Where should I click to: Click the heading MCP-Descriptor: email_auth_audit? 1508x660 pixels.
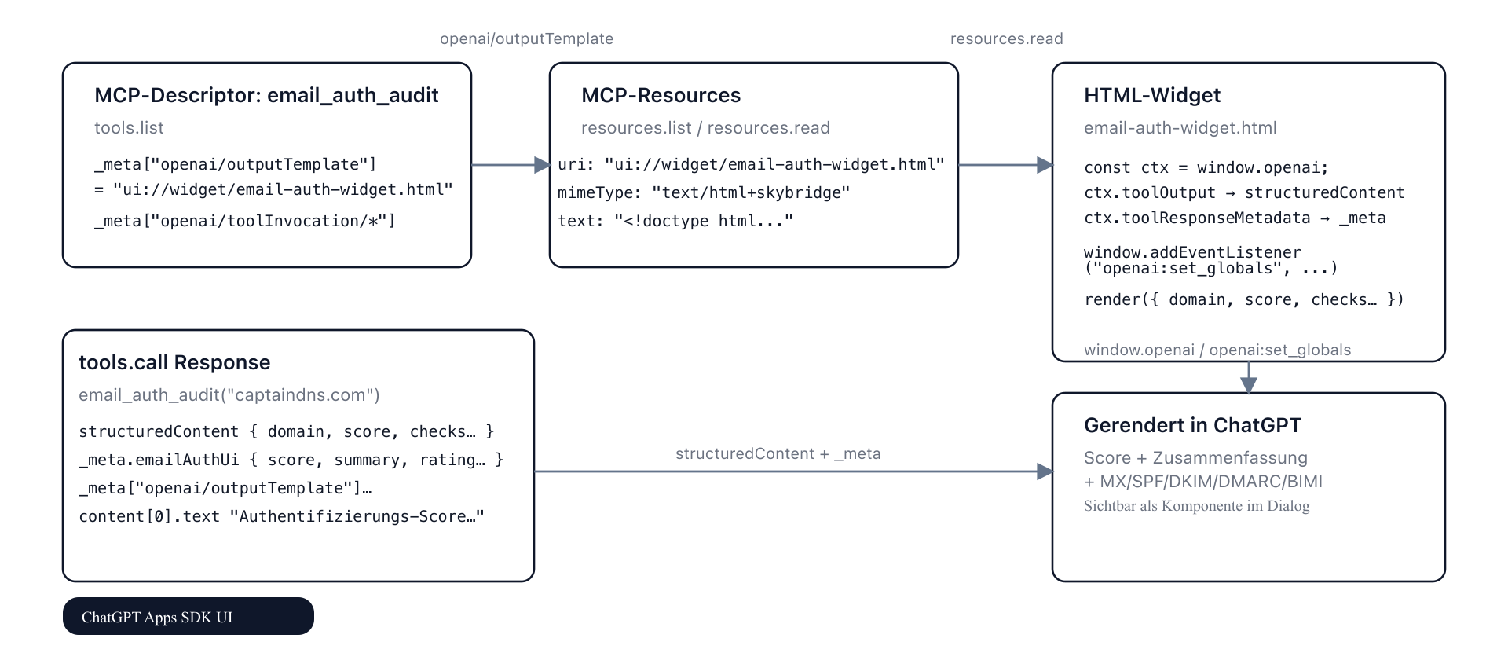(x=266, y=95)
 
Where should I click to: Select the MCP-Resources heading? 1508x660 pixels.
(x=661, y=95)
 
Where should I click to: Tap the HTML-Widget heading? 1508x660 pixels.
(x=1151, y=95)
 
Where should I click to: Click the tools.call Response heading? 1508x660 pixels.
(x=174, y=362)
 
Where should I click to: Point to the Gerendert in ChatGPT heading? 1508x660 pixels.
(x=1192, y=425)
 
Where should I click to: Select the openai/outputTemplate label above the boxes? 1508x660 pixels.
(x=526, y=38)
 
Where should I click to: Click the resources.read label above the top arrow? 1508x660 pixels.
(x=1006, y=38)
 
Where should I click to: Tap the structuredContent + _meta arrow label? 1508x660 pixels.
(x=778, y=453)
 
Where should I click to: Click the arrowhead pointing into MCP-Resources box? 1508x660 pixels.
(x=542, y=165)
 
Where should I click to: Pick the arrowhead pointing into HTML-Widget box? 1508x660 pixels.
(x=1045, y=165)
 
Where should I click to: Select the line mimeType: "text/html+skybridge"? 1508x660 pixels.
(x=704, y=192)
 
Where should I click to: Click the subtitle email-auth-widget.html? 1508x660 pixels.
(x=1180, y=127)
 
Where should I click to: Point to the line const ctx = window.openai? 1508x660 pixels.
(x=1206, y=167)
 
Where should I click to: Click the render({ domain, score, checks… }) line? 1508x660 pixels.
(x=1243, y=299)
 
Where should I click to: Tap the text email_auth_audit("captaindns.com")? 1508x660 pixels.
(x=229, y=394)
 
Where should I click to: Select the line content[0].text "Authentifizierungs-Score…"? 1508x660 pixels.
(x=281, y=516)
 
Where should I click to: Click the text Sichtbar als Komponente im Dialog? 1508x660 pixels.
(x=1196, y=506)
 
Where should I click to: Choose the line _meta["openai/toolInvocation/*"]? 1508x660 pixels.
(x=244, y=221)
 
